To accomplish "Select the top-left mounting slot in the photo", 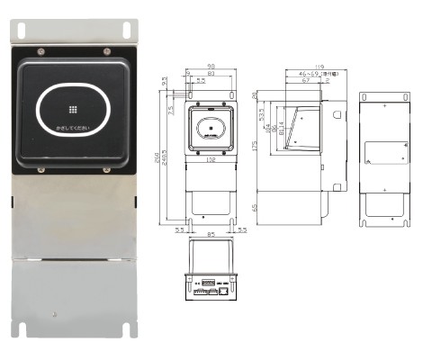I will [x=38, y=31].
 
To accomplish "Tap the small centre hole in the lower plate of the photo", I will [x=57, y=316].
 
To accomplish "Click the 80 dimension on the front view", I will [x=210, y=75].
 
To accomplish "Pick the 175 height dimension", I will [x=255, y=145].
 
